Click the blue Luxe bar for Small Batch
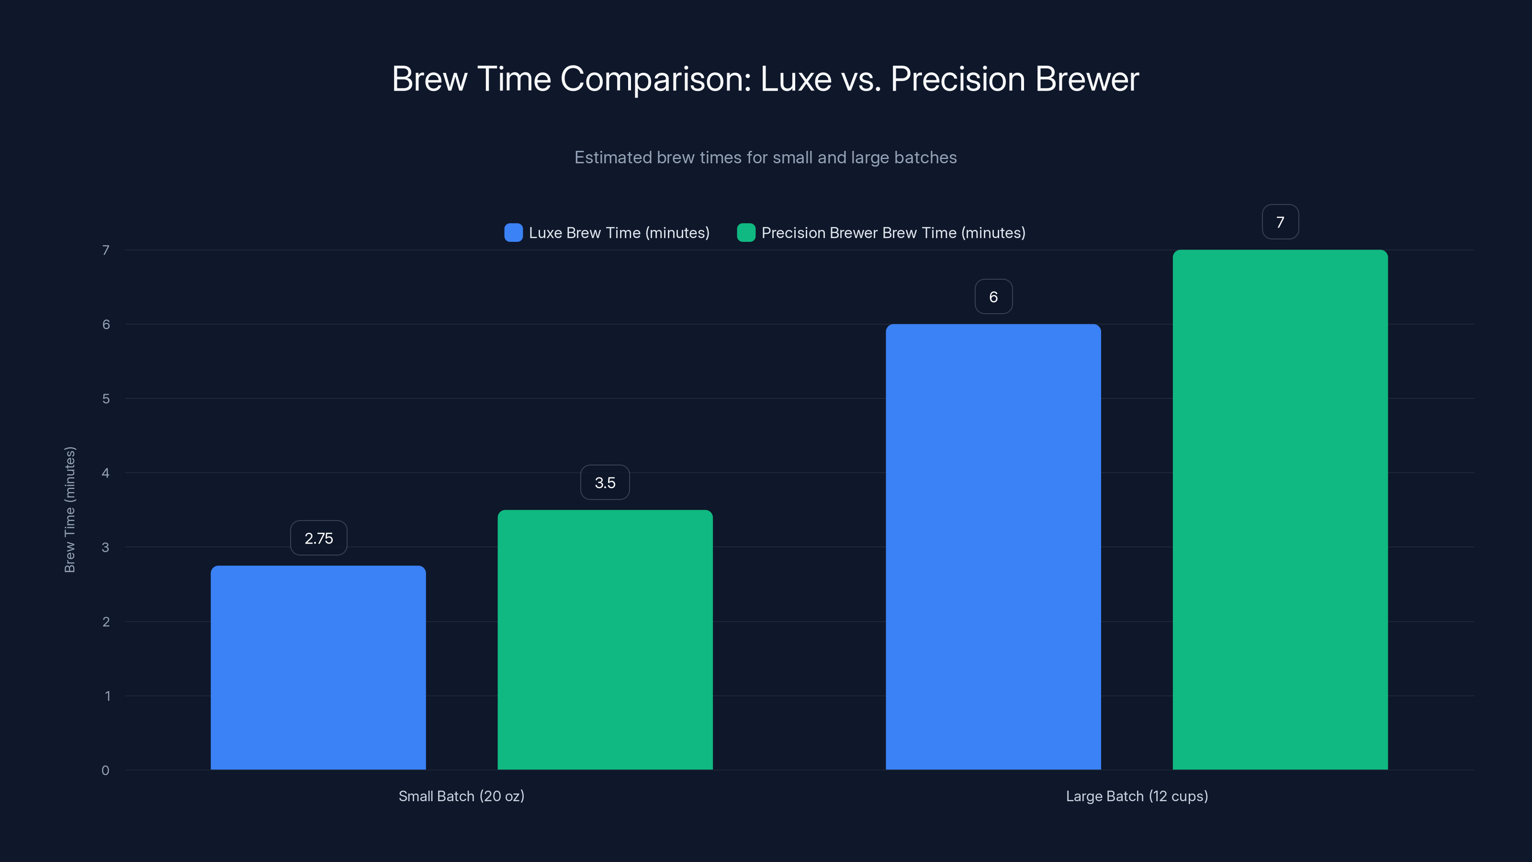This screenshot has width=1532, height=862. pyautogui.click(x=318, y=668)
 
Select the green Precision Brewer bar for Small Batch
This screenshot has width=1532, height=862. pyautogui.click(x=605, y=639)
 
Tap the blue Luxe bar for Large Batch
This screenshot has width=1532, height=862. pyautogui.click(x=993, y=547)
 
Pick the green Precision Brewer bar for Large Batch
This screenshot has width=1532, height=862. pyautogui.click(x=1280, y=510)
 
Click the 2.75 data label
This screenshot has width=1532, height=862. pyautogui.click(x=319, y=538)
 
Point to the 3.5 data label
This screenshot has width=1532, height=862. pyautogui.click(x=605, y=482)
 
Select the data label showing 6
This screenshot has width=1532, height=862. pyautogui.click(x=993, y=297)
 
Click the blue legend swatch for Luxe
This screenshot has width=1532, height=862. pyautogui.click(x=513, y=233)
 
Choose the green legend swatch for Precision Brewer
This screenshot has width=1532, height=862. pyautogui.click(x=746, y=233)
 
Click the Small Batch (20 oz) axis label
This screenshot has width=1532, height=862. pyautogui.click(x=462, y=796)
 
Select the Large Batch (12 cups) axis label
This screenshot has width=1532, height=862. pyautogui.click(x=1137, y=796)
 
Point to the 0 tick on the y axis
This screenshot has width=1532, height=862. pyautogui.click(x=105, y=771)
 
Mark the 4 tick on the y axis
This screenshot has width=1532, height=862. pyautogui.click(x=105, y=473)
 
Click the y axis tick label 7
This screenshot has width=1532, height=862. pyautogui.click(x=105, y=250)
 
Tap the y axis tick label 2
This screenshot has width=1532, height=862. pyautogui.click(x=105, y=622)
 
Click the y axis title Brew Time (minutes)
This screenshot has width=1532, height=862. pyautogui.click(x=69, y=510)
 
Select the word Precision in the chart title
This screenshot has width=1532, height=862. pyautogui.click(x=957, y=79)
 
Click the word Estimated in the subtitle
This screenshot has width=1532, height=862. pyautogui.click(x=613, y=158)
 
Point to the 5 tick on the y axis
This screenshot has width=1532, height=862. pyautogui.click(x=105, y=398)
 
